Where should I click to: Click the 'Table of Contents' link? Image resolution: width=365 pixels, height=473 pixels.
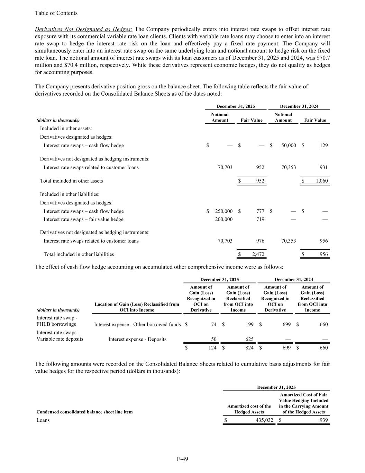[x=56, y=13]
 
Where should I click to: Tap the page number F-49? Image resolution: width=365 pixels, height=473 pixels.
[x=182, y=459]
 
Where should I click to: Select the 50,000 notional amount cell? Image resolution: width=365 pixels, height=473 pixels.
[x=289, y=146]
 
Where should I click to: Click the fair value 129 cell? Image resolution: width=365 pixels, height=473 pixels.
[x=323, y=146]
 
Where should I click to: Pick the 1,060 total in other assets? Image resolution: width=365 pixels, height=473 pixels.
[x=321, y=181]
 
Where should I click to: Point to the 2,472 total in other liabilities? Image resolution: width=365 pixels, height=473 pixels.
[x=258, y=254]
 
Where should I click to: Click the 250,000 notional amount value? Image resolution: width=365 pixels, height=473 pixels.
[x=223, y=211]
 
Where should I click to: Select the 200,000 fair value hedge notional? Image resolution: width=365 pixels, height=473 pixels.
[x=223, y=219]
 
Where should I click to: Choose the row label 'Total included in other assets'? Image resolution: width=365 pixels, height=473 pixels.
[x=71, y=181]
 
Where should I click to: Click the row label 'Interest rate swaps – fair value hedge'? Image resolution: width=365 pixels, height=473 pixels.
[x=83, y=219]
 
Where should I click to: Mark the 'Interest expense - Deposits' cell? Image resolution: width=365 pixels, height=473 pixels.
[x=137, y=339]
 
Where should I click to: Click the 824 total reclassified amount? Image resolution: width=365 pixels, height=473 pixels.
[x=249, y=348]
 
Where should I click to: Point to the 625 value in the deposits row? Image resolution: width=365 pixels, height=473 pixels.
[x=249, y=339]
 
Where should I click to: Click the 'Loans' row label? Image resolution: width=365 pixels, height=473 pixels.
[x=43, y=420]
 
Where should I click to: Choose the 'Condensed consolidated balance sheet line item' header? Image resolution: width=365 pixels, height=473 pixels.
[x=84, y=412]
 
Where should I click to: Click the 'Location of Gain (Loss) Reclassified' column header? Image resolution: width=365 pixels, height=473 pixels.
[x=137, y=307]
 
